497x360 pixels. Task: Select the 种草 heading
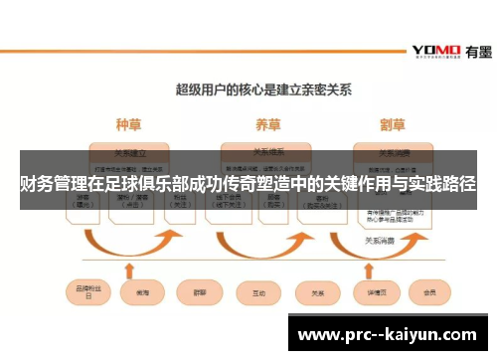coord(129,125)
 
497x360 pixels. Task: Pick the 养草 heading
coord(267,125)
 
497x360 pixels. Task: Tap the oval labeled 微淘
coord(136,293)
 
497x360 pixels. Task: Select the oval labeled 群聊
coord(196,293)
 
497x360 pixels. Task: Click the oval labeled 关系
coord(318,293)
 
